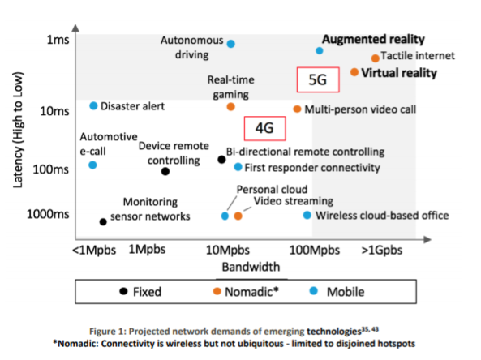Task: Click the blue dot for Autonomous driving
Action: tap(231, 44)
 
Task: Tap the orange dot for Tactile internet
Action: tap(376, 58)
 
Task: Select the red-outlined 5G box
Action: tap(318, 79)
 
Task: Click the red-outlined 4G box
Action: tap(264, 128)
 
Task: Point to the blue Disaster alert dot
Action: tap(93, 105)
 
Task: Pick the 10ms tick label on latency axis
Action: tap(54, 111)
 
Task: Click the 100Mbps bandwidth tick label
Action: tap(315, 251)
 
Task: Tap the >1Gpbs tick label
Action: tap(382, 251)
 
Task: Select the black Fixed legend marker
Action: tap(123, 291)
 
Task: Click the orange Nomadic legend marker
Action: tap(217, 291)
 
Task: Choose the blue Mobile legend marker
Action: tap(314, 290)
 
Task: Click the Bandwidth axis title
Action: tap(251, 267)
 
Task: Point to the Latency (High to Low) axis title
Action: tap(18, 130)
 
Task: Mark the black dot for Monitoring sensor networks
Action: tap(103, 221)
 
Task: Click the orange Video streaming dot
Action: tap(238, 216)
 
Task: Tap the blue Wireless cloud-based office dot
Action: tap(307, 215)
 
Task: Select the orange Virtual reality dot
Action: tap(354, 72)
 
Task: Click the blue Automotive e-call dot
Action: tap(92, 165)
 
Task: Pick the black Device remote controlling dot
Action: tap(165, 171)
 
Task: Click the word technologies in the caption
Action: tap(334, 332)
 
